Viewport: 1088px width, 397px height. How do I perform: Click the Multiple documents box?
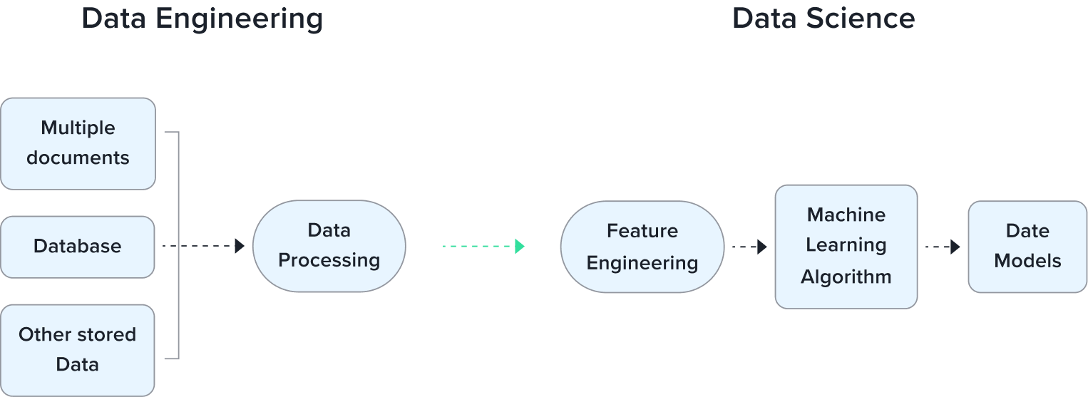click(x=78, y=143)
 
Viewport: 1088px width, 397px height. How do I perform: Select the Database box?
click(x=78, y=247)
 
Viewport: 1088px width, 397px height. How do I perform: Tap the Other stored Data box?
click(x=78, y=350)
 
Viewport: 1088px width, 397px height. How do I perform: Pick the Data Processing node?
click(x=329, y=246)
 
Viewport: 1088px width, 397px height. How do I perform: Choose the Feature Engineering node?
click(x=642, y=247)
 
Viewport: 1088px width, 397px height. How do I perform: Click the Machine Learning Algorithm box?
click(x=846, y=247)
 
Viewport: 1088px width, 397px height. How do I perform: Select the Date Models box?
click(x=1027, y=247)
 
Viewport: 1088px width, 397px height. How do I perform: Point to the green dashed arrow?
click(x=483, y=246)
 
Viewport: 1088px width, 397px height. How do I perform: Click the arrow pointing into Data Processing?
click(x=204, y=246)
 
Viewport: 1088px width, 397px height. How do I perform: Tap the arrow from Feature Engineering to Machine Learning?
click(x=749, y=247)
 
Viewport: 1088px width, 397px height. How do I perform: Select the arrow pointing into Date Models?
click(x=943, y=247)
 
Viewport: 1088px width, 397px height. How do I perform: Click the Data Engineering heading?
click(x=202, y=19)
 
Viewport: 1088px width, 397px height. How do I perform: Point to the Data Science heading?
click(x=823, y=19)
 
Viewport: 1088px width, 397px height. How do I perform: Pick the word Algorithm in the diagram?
click(x=846, y=277)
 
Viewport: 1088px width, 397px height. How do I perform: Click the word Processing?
click(x=329, y=260)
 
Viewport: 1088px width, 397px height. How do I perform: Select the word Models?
click(x=1027, y=262)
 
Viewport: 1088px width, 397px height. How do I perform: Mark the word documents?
click(x=78, y=158)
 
